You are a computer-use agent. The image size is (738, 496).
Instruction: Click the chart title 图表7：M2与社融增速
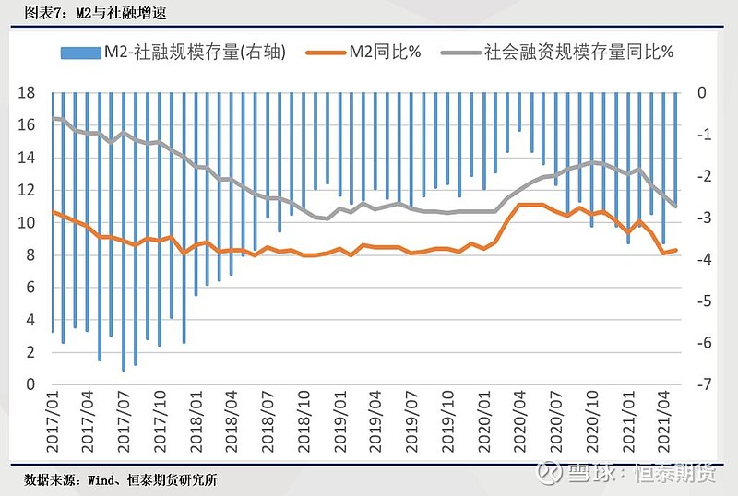tap(88, 12)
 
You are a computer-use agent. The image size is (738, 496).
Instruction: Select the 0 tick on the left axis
tap(30, 384)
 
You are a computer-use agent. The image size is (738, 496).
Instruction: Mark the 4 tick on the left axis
tap(30, 320)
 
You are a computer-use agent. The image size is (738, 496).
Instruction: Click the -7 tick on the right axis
tap(702, 384)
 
